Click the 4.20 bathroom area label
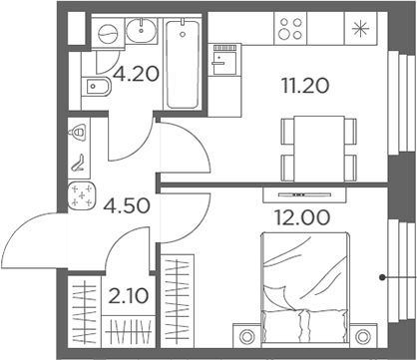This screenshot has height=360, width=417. pos(137,73)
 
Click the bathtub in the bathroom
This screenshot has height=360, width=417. pos(182,65)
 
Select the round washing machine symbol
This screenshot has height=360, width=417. pos(106,34)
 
